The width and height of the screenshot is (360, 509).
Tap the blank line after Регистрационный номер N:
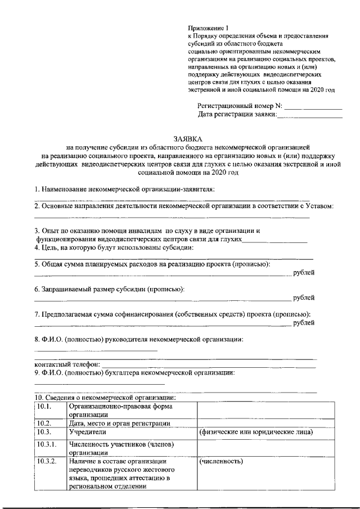pyautogui.click(x=313, y=106)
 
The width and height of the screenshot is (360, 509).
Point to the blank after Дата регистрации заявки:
pyautogui.click(x=310, y=115)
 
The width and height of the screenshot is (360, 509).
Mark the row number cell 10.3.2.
pyautogui.click(x=47, y=461)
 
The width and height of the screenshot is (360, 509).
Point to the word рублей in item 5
pyautogui.click(x=304, y=273)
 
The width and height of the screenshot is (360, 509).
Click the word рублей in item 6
pyautogui.click(x=304, y=298)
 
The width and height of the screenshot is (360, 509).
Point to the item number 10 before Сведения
pyautogui.click(x=39, y=398)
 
